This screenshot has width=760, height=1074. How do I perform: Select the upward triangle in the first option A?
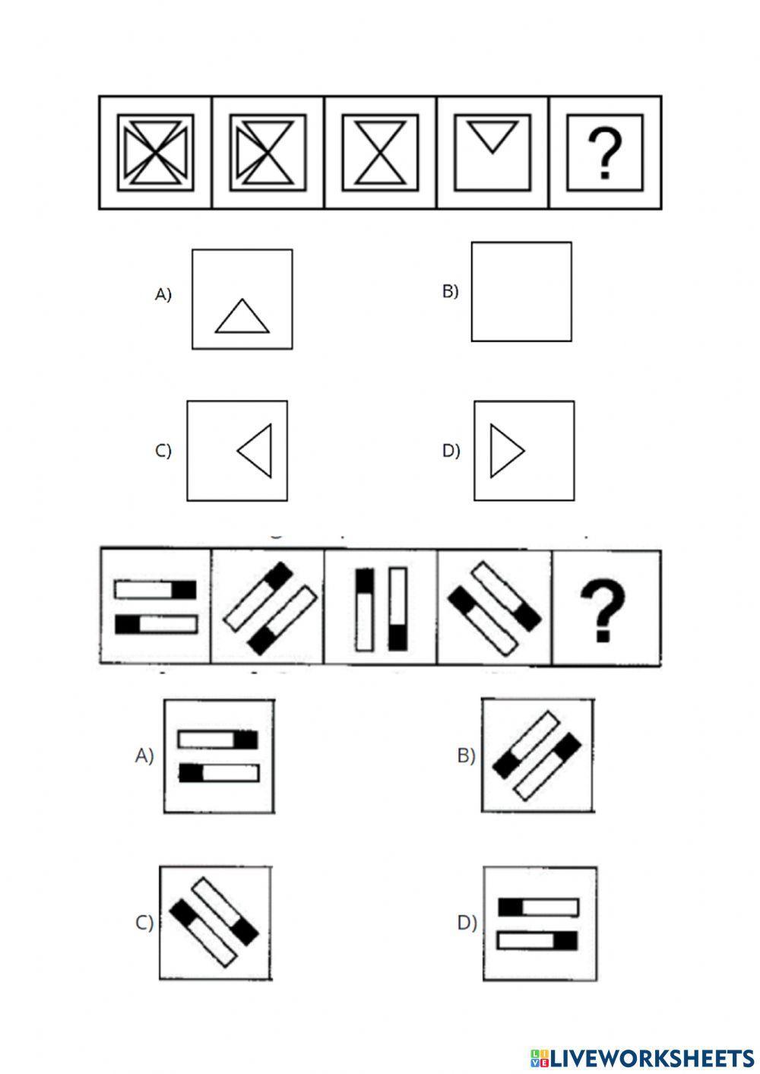tap(242, 318)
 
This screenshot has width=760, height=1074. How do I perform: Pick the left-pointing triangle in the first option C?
tap(256, 451)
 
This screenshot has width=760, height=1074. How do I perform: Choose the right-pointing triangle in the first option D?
tap(505, 451)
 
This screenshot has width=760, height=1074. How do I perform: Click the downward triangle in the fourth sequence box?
tap(492, 137)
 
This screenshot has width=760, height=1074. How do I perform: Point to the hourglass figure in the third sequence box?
tap(380, 153)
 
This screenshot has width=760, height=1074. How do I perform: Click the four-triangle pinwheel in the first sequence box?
tap(155, 153)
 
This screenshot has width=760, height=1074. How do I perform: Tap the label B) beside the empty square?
tap(451, 291)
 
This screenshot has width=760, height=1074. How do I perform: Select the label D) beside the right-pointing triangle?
tap(451, 451)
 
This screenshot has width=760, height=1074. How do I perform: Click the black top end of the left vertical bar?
tap(365, 581)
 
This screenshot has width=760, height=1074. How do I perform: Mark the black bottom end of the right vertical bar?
tap(398, 637)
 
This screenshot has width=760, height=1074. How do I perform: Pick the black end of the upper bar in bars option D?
tap(511, 908)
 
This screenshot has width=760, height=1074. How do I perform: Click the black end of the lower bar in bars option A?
tap(192, 773)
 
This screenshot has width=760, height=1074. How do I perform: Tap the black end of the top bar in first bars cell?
tap(184, 590)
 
